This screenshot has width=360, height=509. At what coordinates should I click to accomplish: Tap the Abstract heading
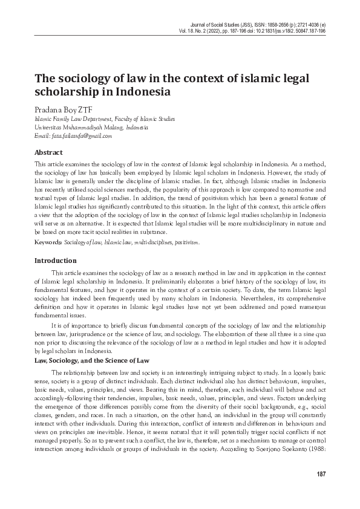click(x=49, y=154)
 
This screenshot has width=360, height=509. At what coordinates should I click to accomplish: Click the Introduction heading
click(x=56, y=261)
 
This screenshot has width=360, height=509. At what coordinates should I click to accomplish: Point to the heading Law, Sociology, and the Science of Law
click(x=92, y=360)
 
